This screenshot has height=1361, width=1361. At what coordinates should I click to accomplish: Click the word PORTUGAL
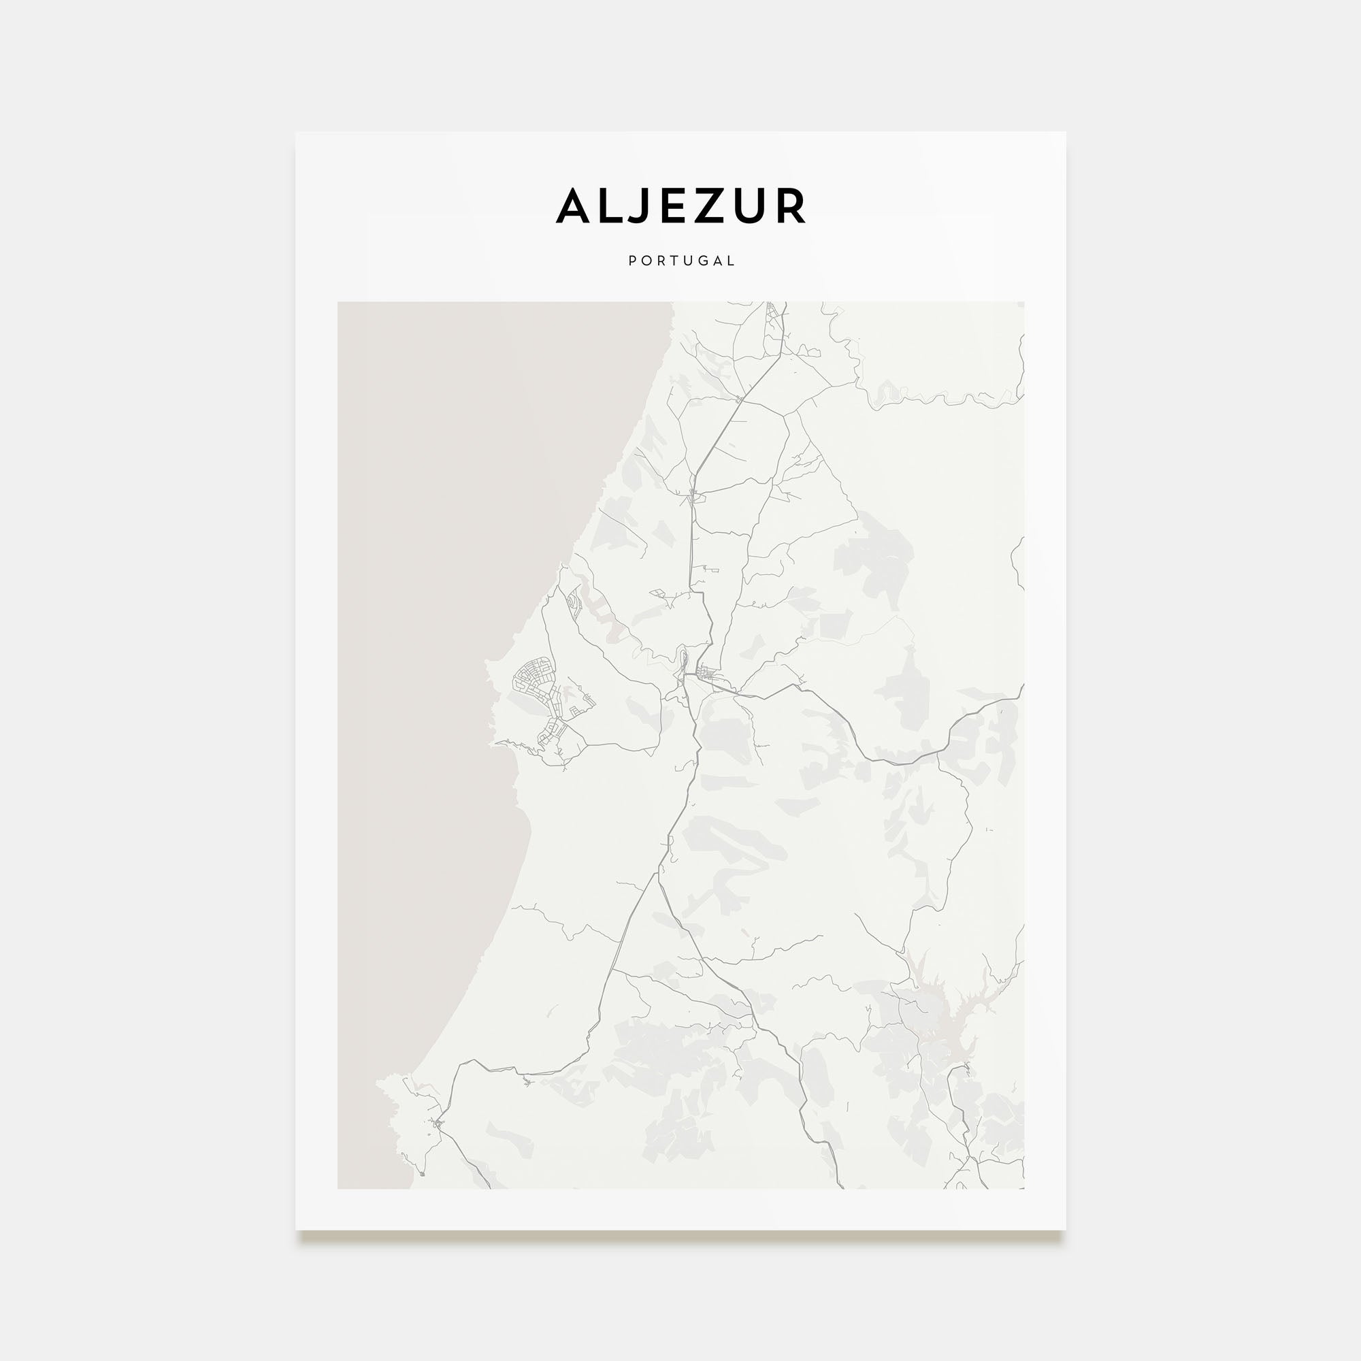point(681,261)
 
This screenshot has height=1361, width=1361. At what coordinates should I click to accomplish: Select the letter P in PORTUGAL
point(632,261)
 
